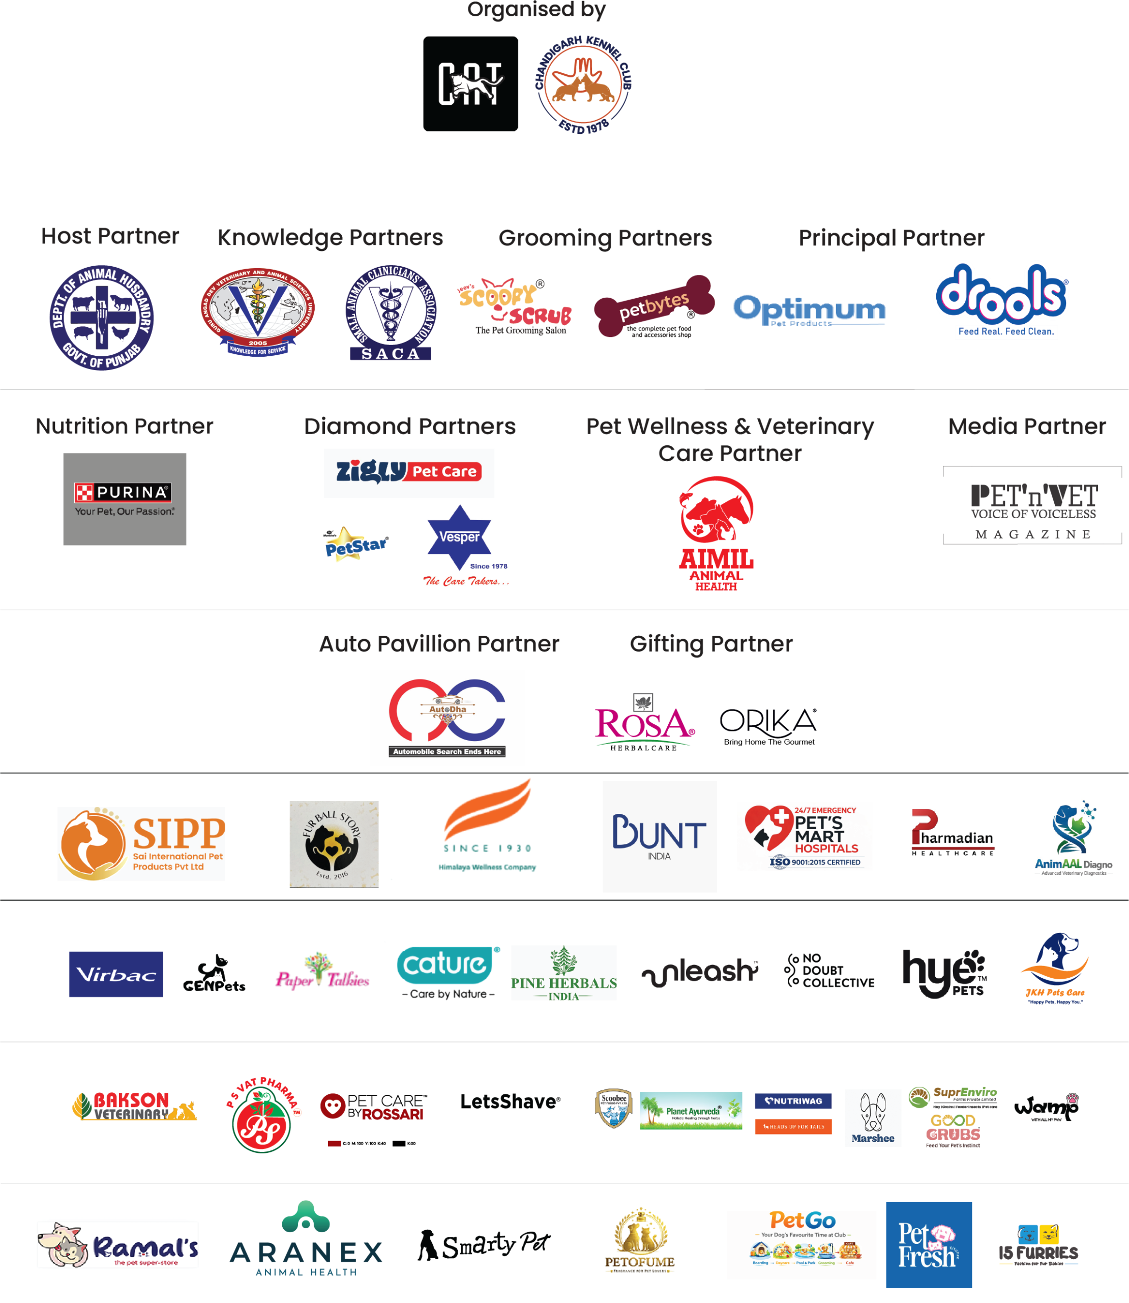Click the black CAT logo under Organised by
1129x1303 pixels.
[x=470, y=84]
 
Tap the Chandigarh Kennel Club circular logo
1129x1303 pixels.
[x=583, y=84]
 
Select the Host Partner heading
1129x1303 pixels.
[x=110, y=236]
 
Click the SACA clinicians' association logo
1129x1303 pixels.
[x=391, y=313]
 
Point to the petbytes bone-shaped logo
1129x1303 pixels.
[x=653, y=307]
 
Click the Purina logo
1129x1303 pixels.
[x=125, y=499]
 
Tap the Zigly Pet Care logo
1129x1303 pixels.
[x=409, y=473]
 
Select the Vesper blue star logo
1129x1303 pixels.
[x=466, y=545]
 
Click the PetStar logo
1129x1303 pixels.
[x=357, y=545]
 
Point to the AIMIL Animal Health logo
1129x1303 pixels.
[x=717, y=533]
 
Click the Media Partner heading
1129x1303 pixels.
[x=1027, y=427]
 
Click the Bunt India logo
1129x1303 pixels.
[x=659, y=836]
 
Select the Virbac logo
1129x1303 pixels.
[x=116, y=974]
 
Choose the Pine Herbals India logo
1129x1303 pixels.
[x=563, y=973]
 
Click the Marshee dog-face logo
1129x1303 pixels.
[x=873, y=1118]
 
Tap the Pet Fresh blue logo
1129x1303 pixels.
[x=928, y=1244]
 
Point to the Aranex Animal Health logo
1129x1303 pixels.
[x=306, y=1239]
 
